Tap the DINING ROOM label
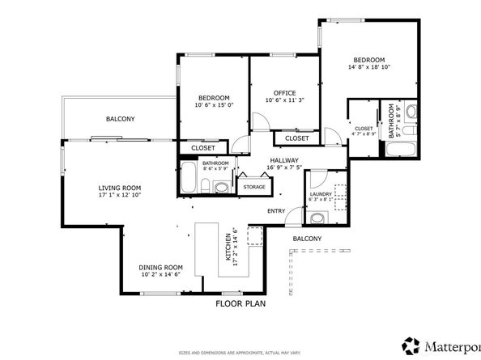click(161, 267)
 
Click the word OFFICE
click(284, 92)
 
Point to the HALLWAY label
click(285, 160)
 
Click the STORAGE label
click(254, 187)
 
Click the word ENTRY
click(277, 212)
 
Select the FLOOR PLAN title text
click(240, 304)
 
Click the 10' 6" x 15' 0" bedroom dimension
click(214, 104)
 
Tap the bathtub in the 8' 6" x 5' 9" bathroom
click(189, 177)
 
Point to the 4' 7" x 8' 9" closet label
click(364, 132)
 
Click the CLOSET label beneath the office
click(296, 138)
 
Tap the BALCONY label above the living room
click(120, 119)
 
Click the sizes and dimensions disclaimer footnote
click(240, 353)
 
